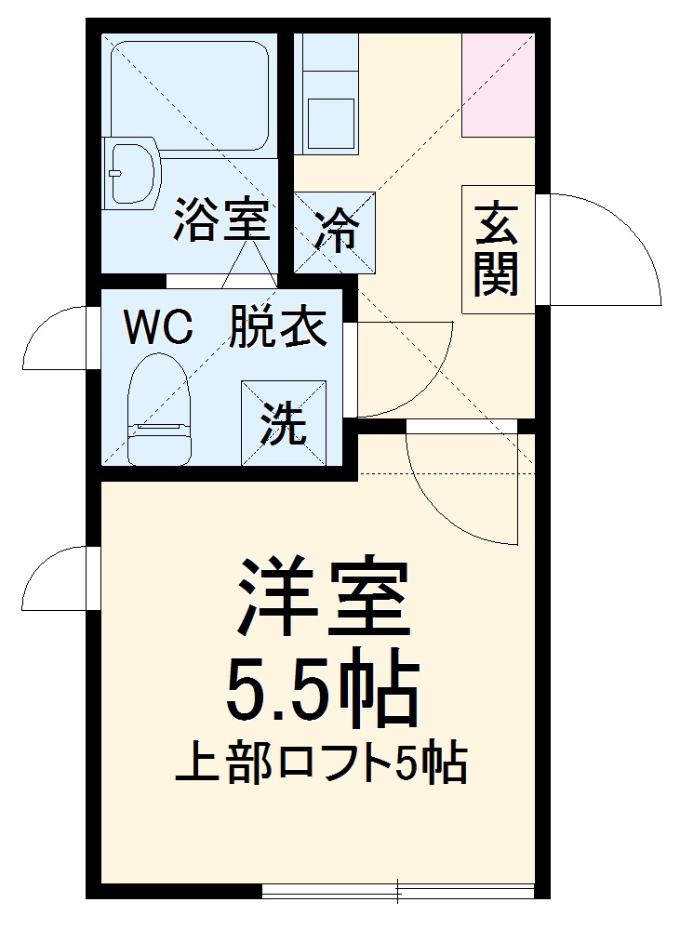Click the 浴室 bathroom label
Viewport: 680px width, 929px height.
221,222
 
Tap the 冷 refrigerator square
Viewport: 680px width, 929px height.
335,232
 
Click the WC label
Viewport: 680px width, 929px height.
159,326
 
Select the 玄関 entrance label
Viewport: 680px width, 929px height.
497,249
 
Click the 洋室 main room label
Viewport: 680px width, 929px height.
322,596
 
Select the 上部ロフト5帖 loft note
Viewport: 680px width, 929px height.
321,764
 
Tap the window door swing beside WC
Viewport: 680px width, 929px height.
58,339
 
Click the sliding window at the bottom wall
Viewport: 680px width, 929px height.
400,890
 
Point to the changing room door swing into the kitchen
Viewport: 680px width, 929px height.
400,367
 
